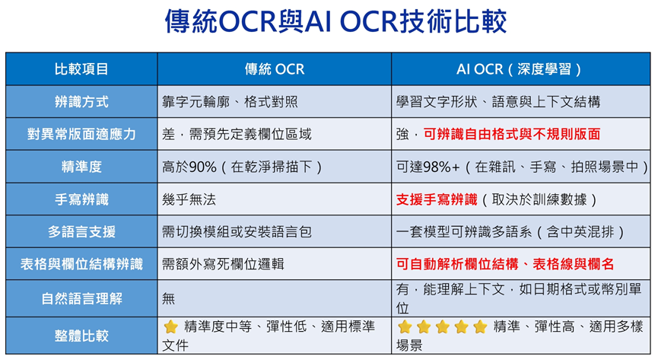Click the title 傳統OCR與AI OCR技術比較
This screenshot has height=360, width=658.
tap(335, 21)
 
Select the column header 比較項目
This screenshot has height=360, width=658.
tap(81, 69)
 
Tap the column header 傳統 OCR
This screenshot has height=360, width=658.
tap(275, 69)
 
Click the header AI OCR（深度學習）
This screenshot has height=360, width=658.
tap(520, 69)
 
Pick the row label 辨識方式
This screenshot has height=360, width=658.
tap(81, 102)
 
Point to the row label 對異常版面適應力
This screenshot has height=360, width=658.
tap(81, 134)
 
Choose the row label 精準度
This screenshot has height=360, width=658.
tap(81, 167)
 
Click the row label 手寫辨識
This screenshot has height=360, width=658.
tap(81, 199)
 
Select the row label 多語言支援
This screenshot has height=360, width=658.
tap(81, 231)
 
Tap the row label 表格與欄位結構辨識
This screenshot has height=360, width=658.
tap(81, 264)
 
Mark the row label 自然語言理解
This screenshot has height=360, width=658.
tap(81, 298)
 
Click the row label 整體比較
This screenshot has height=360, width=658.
tap(81, 336)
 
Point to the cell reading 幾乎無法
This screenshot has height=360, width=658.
tap(189, 199)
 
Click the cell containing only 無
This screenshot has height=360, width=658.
tap(168, 298)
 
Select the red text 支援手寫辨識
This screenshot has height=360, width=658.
tap(437, 199)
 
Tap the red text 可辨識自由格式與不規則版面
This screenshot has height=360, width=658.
tap(512, 134)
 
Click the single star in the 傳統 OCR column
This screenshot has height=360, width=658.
tap(171, 327)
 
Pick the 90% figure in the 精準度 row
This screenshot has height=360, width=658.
tap(202, 167)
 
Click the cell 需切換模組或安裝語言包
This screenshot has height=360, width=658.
tap(237, 231)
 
